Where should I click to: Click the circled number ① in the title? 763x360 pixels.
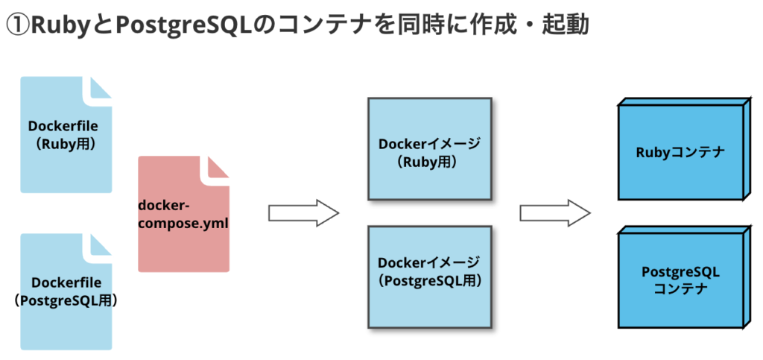coord(18,25)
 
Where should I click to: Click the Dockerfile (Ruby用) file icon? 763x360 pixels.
coord(66,135)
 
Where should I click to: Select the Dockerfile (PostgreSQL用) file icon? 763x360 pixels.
coord(66,291)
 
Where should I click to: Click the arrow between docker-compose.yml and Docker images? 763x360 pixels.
coord(303,213)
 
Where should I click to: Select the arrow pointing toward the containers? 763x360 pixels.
coord(554,213)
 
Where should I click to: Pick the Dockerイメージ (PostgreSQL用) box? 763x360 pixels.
coord(428,276)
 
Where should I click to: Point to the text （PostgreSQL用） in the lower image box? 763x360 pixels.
coord(428,281)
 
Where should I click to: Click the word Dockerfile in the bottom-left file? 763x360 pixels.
coord(66,283)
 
